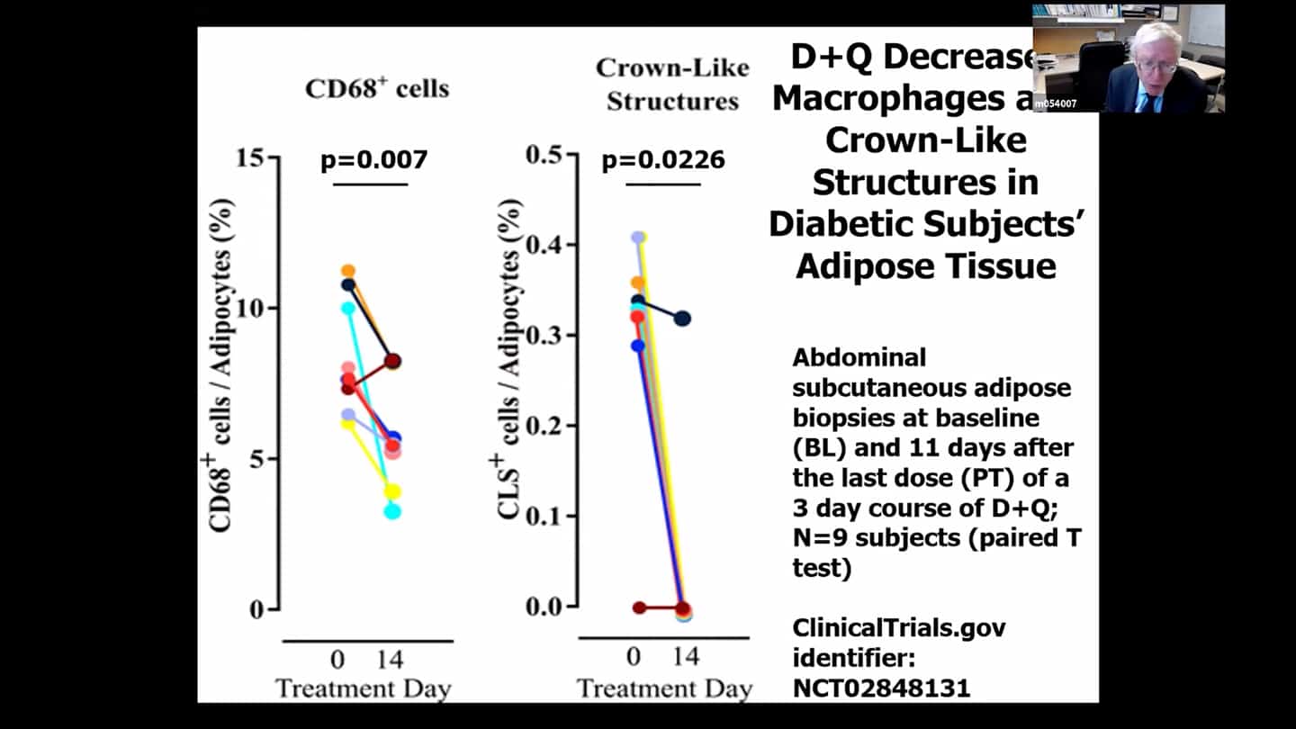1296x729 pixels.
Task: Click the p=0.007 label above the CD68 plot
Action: [373, 160]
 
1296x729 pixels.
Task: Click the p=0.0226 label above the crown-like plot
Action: [663, 160]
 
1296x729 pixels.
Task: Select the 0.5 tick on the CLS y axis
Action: [550, 155]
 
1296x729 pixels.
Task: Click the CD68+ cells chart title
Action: [377, 88]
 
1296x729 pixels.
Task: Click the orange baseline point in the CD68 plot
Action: [347, 271]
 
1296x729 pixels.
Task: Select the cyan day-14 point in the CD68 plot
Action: [392, 511]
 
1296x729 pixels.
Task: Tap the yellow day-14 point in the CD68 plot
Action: [392, 491]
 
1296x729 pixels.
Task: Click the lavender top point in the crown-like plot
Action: [638, 238]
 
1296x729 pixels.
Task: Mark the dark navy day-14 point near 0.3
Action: [682, 319]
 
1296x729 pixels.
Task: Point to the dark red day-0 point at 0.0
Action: [639, 607]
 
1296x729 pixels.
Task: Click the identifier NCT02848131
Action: [881, 688]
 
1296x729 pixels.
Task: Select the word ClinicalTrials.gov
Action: [898, 627]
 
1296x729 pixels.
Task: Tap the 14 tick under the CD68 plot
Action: [390, 660]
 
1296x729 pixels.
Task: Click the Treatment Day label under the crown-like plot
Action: [664, 689]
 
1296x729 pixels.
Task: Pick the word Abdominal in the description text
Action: [846, 357]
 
